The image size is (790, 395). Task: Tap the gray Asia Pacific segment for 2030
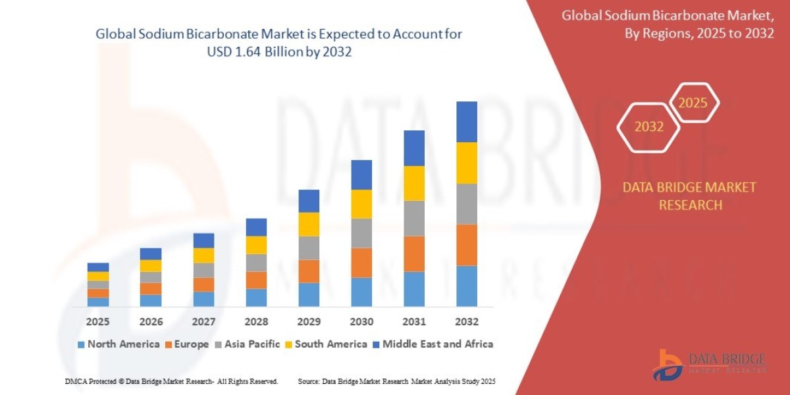coord(361,233)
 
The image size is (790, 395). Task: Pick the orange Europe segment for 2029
coord(309,271)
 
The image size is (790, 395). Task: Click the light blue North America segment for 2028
coord(256,298)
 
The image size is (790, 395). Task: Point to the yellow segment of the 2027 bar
coord(203,255)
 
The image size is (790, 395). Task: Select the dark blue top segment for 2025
coord(98,267)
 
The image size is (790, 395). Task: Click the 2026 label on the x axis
coord(151,322)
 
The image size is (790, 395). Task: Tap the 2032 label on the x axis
coord(466,322)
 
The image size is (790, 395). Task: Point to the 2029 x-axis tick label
coord(309,322)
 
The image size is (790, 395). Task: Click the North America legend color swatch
coord(81,344)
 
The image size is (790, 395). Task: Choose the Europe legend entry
coord(191,344)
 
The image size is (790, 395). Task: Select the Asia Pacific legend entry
coord(251,344)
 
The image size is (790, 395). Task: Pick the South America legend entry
coord(330,344)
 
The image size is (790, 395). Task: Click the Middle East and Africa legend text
coord(438,344)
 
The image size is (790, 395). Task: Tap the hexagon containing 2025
coord(693,103)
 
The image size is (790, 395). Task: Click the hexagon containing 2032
coord(649,126)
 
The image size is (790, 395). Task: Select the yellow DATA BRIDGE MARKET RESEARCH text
coord(689,196)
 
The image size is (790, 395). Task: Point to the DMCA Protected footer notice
coord(171,381)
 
